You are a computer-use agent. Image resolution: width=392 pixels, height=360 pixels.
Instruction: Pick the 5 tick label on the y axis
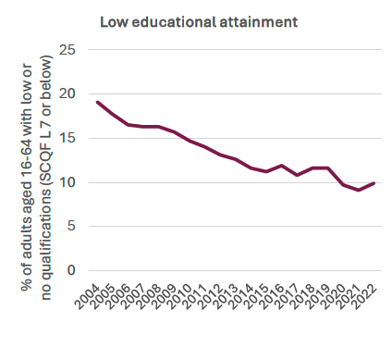[67, 226]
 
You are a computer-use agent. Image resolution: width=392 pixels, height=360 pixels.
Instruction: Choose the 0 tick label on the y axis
[67, 270]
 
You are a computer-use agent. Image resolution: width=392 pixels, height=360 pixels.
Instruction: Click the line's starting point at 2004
[97, 102]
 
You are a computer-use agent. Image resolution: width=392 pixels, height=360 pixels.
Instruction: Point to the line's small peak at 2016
[280, 166]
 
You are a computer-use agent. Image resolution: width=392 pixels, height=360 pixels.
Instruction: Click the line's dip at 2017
[296, 175]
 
